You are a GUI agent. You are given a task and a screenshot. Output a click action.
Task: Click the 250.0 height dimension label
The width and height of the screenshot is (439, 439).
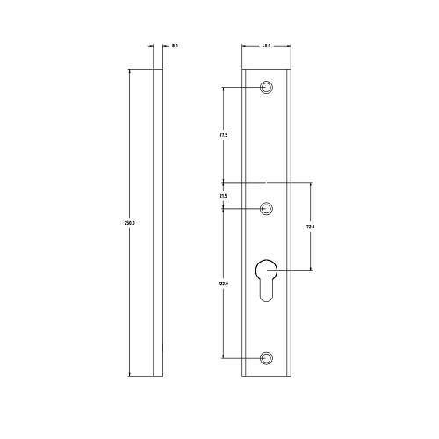tap(130, 223)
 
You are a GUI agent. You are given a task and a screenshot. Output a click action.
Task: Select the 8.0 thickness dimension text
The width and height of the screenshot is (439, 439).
tap(176, 45)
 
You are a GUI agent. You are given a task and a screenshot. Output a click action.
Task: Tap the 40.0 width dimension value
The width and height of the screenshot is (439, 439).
tap(266, 45)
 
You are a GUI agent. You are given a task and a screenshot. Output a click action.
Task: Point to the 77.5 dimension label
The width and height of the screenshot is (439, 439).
tap(223, 135)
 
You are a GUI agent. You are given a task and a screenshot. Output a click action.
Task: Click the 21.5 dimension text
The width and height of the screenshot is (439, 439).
tap(223, 196)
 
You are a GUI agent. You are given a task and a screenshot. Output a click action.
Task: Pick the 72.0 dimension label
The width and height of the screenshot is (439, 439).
tap(310, 227)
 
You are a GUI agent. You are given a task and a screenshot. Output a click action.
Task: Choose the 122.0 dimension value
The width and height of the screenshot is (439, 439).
tap(223, 284)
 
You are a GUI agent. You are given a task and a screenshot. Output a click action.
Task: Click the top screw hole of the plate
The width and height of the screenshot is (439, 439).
tap(267, 87)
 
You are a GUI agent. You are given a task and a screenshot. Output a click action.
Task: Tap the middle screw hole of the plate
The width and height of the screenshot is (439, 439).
tap(267, 209)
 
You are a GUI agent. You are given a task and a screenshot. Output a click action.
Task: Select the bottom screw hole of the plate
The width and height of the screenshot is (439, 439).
tap(267, 358)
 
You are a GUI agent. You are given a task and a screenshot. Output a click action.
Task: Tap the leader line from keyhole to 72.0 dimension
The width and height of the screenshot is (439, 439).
tap(294, 271)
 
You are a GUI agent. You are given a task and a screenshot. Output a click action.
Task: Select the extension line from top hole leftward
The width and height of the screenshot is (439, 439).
tap(241, 87)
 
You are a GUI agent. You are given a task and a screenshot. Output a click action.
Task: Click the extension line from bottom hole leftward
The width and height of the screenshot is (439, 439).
tap(241, 358)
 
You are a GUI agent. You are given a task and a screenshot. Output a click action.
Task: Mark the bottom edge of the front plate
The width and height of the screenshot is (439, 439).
tap(267, 376)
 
